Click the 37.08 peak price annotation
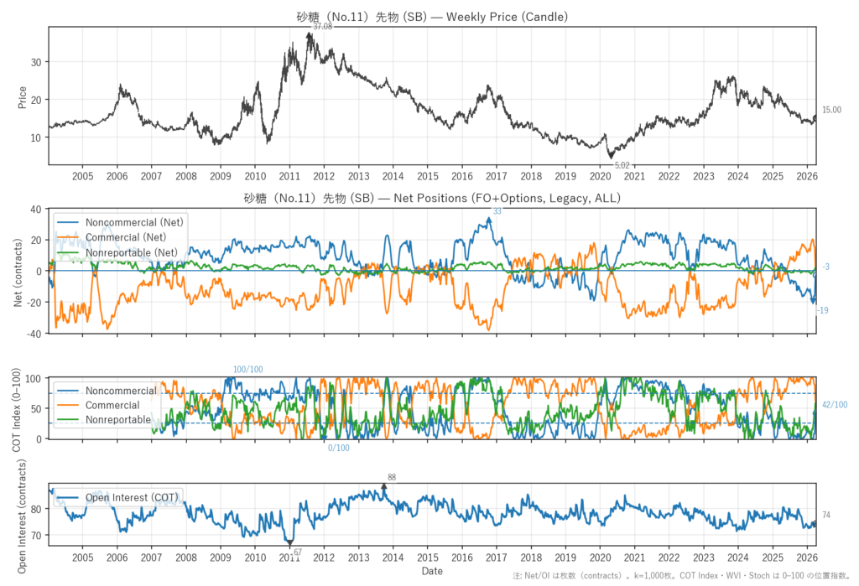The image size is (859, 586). (x=323, y=27)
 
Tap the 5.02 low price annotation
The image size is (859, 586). (x=622, y=166)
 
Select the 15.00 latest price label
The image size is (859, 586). (x=830, y=110)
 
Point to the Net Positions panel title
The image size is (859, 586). (x=432, y=198)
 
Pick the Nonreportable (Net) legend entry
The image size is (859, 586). (x=131, y=252)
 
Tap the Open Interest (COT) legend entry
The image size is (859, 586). (x=131, y=498)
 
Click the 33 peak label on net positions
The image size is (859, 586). (x=497, y=211)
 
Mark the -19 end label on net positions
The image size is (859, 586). (x=823, y=311)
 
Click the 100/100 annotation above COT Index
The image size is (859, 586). (x=248, y=370)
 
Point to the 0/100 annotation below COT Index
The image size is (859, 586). (x=339, y=448)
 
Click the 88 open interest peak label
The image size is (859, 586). (x=391, y=477)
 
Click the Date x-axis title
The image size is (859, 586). (x=432, y=572)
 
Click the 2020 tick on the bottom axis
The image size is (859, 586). (x=600, y=557)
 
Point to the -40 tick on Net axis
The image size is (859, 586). (x=37, y=334)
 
